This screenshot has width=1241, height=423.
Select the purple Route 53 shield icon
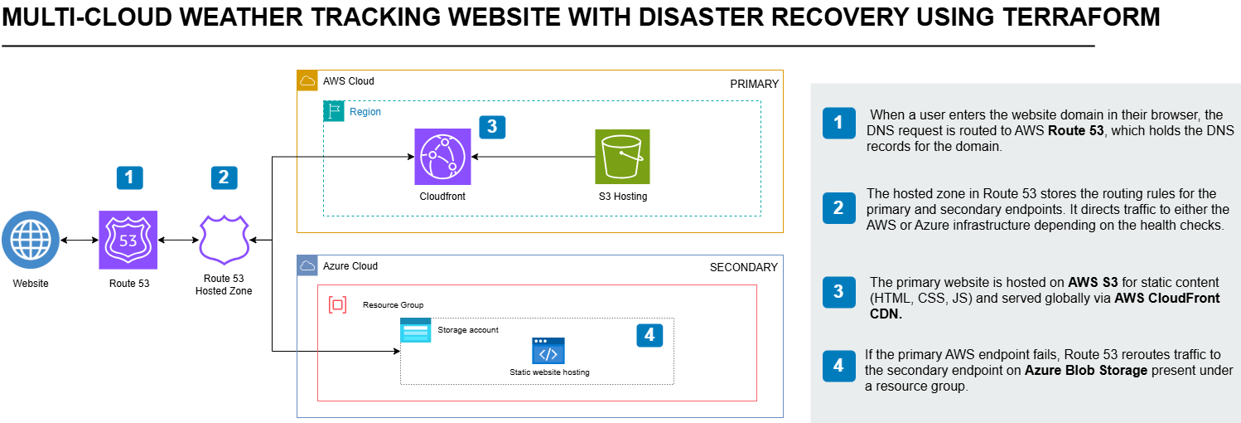pos(128,240)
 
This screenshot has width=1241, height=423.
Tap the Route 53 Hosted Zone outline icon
pos(224,240)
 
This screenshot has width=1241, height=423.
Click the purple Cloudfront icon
pos(442,157)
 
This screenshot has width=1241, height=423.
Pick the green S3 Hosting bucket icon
pos(622,157)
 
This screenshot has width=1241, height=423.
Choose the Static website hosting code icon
pos(548,352)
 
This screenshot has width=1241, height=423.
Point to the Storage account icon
pos(416,330)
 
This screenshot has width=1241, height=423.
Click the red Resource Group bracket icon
pos(338,304)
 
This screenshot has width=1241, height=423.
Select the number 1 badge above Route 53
pos(129,177)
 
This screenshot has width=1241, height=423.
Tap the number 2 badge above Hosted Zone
pos(224,177)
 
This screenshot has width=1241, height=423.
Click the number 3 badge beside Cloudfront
pos(492,126)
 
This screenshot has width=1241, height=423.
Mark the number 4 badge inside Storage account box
pos(649,334)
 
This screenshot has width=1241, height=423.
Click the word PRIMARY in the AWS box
pos(754,84)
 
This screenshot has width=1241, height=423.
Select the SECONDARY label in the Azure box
pos(743,267)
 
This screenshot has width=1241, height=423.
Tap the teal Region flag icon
pos(334,111)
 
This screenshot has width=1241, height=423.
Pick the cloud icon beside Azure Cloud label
pos(307,266)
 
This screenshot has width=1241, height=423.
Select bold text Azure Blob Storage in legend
pos(1086,371)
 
